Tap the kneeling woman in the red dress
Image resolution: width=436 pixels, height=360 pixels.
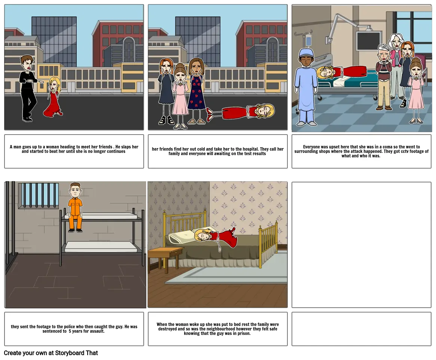click(54, 97)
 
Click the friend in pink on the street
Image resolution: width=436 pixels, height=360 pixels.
click(180, 96)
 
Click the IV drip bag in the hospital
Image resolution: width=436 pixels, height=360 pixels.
click(308, 40)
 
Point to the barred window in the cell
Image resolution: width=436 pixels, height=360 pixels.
click(39, 195)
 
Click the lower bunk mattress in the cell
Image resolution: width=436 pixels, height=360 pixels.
click(101, 247)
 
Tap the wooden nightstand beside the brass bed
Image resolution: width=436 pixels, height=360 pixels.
click(166, 257)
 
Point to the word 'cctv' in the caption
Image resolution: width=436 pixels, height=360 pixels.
click(405, 151)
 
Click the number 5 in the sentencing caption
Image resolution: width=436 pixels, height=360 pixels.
click(70, 331)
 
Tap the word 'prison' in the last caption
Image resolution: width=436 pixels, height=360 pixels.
click(243, 333)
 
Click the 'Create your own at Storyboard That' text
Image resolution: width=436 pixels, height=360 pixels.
click(51, 353)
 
